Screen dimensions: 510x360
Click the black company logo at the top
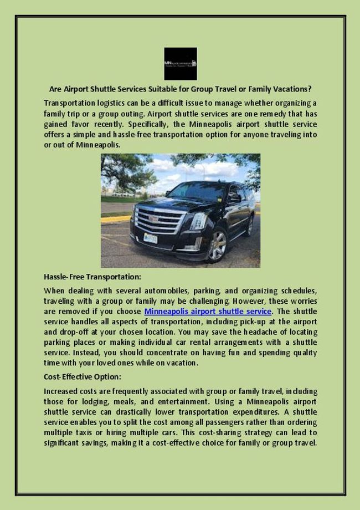click(180, 64)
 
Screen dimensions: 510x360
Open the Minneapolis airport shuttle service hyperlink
click(208, 312)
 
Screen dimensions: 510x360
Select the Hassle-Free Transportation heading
click(92, 276)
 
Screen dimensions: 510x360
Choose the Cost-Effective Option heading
click(83, 376)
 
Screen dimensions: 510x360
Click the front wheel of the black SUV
click(217, 244)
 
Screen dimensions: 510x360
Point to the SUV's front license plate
click(150, 238)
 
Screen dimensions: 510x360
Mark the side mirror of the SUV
click(234, 198)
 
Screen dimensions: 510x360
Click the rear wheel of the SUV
click(248, 226)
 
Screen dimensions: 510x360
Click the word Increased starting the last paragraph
click(61, 391)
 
